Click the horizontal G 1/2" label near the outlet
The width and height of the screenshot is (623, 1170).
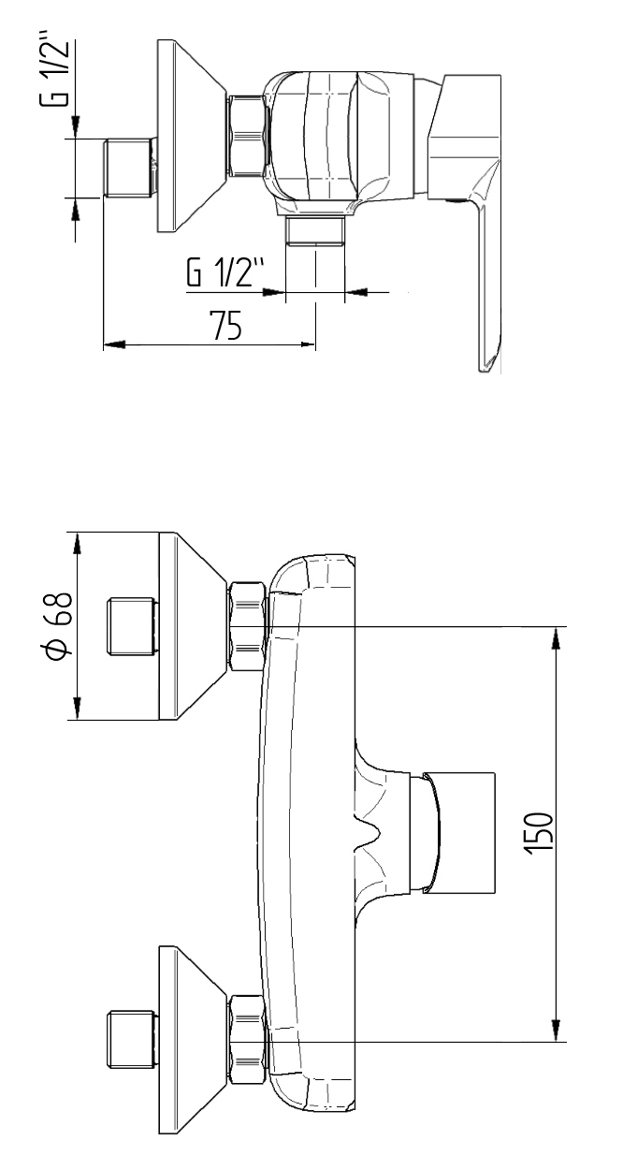[225, 275]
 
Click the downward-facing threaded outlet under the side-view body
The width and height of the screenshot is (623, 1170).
[315, 231]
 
